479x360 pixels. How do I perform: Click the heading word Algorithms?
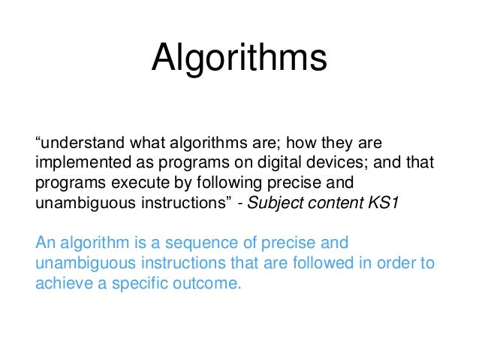pyautogui.click(x=239, y=59)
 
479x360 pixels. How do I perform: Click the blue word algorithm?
pyautogui.click(x=86, y=244)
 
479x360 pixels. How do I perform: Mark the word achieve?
pyautogui.click(x=60, y=285)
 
